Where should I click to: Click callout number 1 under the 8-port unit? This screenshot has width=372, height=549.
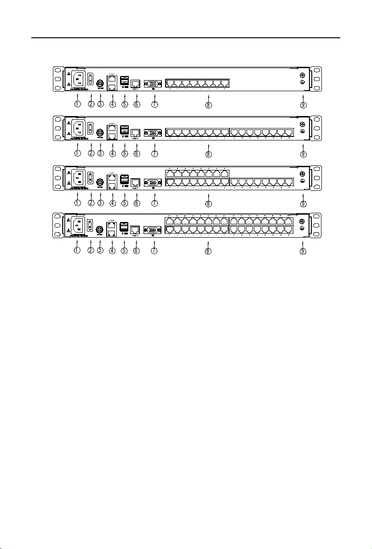tap(78, 104)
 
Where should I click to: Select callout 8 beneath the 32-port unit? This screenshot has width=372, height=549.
tap(208, 251)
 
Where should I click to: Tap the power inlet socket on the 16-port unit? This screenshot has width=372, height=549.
tap(78, 127)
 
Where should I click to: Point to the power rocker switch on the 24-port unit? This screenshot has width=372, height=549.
tap(91, 177)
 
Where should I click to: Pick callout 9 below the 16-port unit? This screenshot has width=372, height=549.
tap(303, 153)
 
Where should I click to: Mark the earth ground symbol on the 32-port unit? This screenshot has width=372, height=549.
tap(303, 228)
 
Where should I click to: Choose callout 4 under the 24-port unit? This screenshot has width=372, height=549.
tap(112, 203)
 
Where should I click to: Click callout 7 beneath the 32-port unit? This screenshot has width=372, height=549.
tap(155, 251)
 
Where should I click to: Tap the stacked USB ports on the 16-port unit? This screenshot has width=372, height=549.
tap(124, 129)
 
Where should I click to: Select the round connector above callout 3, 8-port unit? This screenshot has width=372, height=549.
tap(100, 85)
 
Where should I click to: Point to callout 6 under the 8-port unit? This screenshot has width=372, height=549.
tap(136, 104)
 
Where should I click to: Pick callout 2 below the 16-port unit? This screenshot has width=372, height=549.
tap(91, 153)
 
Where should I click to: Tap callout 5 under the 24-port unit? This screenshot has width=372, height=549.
tap(124, 203)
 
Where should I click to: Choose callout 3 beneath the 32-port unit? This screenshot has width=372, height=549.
tap(100, 251)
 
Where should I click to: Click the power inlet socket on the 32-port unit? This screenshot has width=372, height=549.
tap(78, 226)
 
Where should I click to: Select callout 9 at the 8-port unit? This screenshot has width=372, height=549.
tap(303, 104)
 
